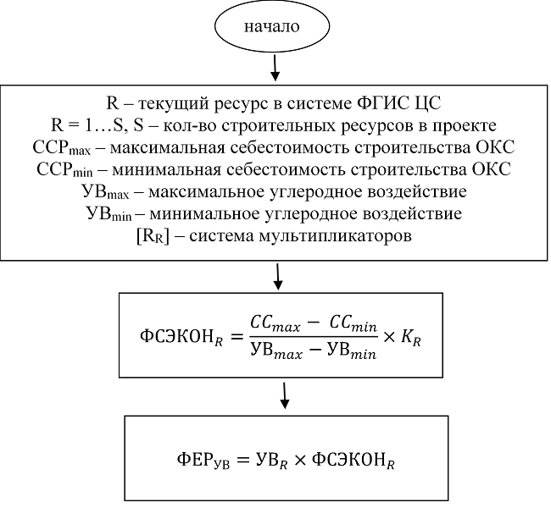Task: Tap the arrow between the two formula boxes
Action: pyautogui.click(x=286, y=392)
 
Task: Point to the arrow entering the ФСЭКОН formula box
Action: pyautogui.click(x=280, y=275)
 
